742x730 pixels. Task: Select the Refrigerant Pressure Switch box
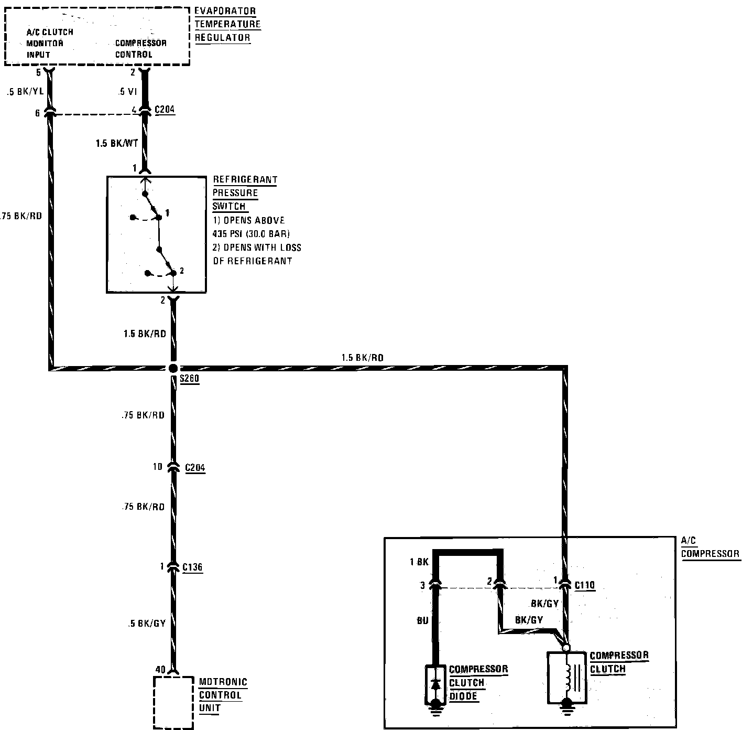point(156,234)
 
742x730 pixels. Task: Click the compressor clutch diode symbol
point(435,684)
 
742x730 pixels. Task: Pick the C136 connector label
point(192,567)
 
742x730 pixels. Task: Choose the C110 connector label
point(585,585)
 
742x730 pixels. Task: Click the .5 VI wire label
point(128,92)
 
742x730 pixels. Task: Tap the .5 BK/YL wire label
point(25,92)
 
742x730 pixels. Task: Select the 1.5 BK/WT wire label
point(116,143)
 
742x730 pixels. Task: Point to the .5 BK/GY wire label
point(147,624)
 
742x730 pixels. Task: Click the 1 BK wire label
point(419,562)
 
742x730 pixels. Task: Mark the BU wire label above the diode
point(422,621)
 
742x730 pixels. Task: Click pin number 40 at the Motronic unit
point(160,670)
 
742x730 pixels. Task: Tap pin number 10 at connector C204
point(158,466)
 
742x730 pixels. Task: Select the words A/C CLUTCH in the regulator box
point(50,32)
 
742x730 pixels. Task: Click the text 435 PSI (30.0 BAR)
point(251,234)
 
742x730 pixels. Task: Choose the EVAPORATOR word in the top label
point(225,11)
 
